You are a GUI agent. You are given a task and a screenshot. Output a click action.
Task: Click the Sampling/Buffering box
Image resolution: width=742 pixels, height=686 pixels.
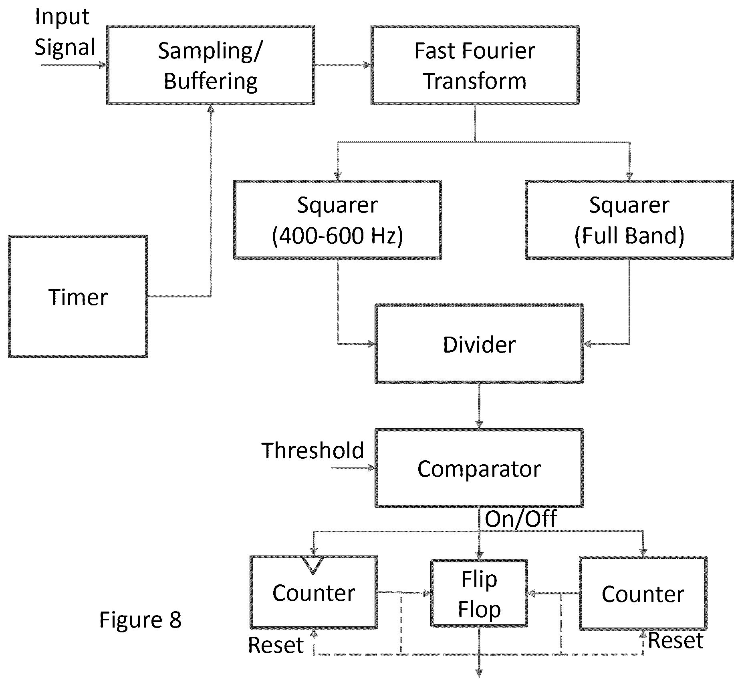pos(210,65)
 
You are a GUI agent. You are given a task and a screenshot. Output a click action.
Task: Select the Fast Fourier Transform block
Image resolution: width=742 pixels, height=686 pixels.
pos(475,65)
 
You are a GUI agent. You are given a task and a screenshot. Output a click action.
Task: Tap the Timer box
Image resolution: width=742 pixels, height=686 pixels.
pos(78,296)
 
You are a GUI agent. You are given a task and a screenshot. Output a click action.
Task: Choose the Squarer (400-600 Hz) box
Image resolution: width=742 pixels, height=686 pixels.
pos(338,219)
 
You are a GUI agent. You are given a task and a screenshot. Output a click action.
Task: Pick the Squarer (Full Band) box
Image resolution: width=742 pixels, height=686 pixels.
pos(629,219)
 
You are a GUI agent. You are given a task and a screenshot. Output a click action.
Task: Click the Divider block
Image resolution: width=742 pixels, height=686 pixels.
pos(479,344)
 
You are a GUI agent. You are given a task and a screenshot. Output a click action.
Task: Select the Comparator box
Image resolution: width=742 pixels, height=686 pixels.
pos(479,468)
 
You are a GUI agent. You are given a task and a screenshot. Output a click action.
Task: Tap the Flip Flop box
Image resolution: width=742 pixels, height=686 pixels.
pos(479,593)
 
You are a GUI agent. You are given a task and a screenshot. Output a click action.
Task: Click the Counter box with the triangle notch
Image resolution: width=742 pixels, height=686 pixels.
pos(314,592)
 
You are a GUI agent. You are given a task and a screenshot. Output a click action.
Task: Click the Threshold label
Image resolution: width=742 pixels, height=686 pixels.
pos(313,450)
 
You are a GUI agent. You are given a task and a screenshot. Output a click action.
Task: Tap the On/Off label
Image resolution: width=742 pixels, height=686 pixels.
pos(521,519)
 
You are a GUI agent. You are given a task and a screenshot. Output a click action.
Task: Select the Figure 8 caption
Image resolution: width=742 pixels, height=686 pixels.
pos(141,620)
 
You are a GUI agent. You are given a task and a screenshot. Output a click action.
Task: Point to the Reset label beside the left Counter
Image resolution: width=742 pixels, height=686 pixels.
pos(276,645)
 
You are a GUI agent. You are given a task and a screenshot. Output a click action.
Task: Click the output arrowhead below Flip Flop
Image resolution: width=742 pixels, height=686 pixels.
pos(479,673)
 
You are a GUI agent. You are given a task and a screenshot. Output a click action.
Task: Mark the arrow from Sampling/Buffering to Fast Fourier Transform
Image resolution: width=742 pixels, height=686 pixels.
pos(343,65)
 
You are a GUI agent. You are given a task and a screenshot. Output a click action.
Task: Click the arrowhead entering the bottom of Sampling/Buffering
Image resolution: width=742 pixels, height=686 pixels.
pos(211,108)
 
